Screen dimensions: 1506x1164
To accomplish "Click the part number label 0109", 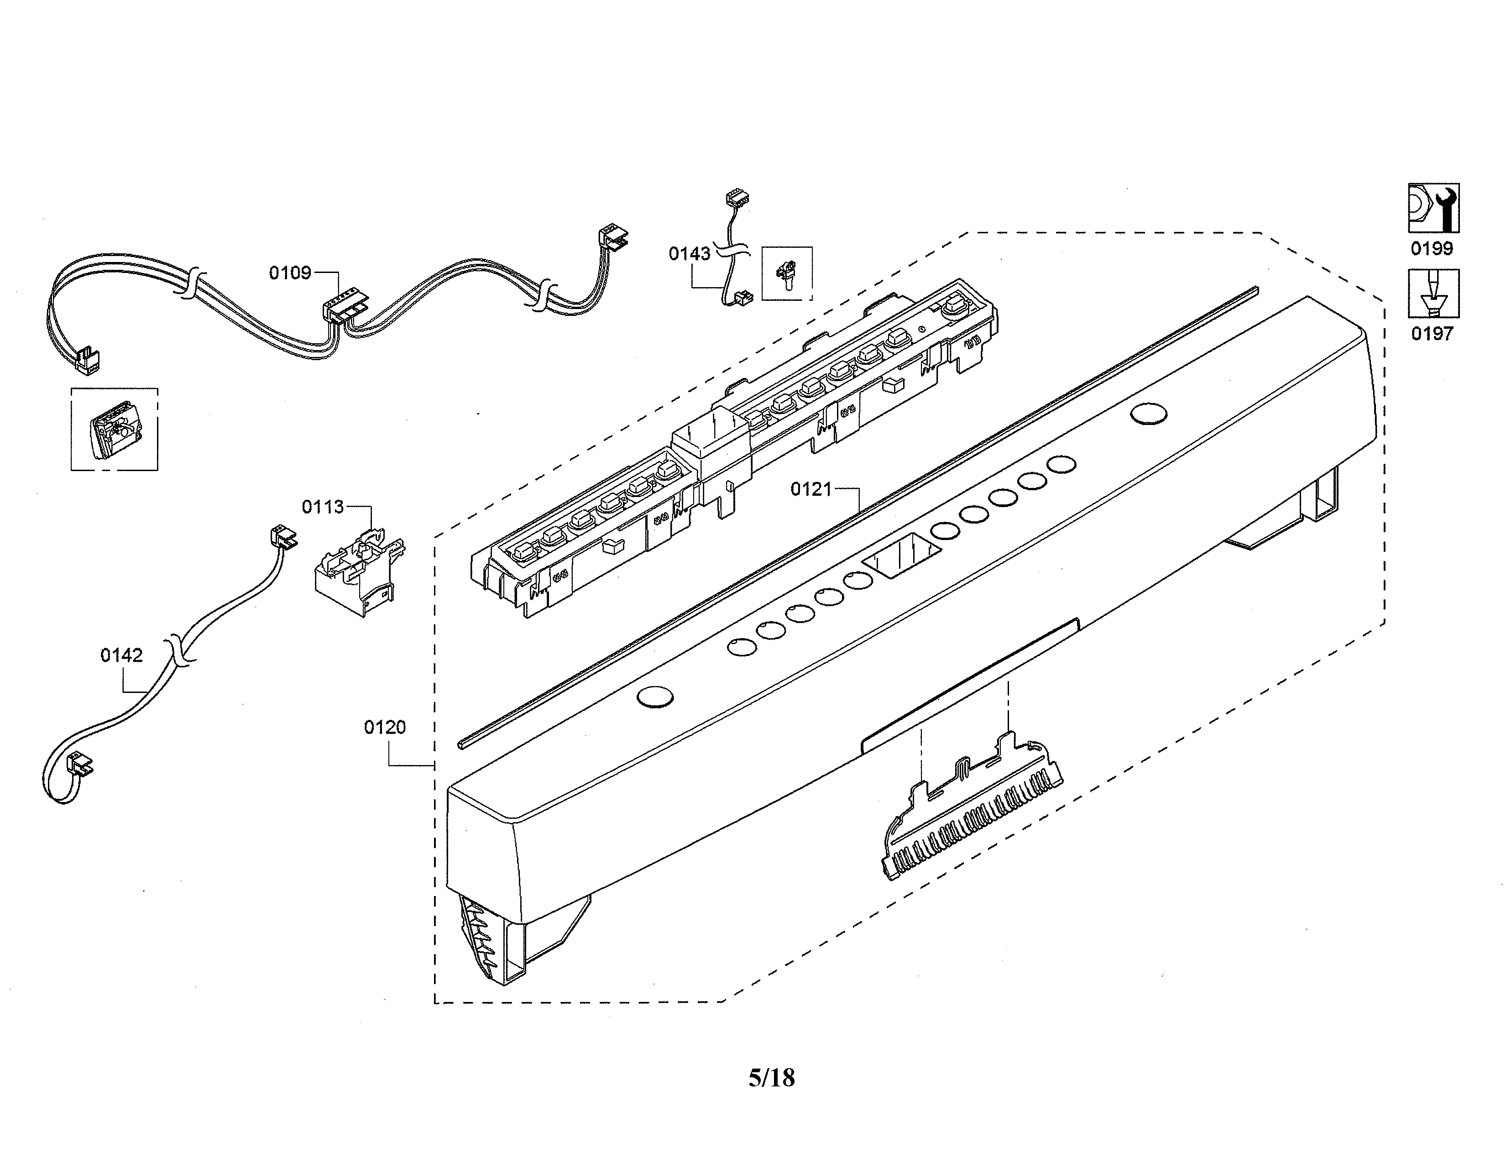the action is pyautogui.click(x=290, y=273).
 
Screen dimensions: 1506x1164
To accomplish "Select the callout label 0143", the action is pyautogui.click(x=690, y=254).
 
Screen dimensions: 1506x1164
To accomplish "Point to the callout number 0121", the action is pyautogui.click(x=811, y=490).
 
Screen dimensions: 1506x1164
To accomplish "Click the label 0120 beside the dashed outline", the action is pyautogui.click(x=385, y=727).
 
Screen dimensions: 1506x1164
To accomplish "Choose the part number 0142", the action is pyautogui.click(x=121, y=655).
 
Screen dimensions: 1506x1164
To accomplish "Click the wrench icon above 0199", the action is pyautogui.click(x=1433, y=208).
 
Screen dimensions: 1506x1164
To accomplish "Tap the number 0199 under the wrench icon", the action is pyautogui.click(x=1432, y=248).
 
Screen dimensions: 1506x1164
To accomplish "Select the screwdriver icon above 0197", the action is pyautogui.click(x=1433, y=293).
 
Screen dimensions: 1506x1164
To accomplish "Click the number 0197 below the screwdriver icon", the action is pyautogui.click(x=1432, y=334).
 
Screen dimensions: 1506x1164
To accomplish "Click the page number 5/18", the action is pyautogui.click(x=772, y=1078).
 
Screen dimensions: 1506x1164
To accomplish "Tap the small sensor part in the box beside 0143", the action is pyautogui.click(x=786, y=274).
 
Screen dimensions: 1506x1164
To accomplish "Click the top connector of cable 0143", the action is pyautogui.click(x=737, y=199).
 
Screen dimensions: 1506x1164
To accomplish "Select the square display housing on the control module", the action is pyautogui.click(x=711, y=441).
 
